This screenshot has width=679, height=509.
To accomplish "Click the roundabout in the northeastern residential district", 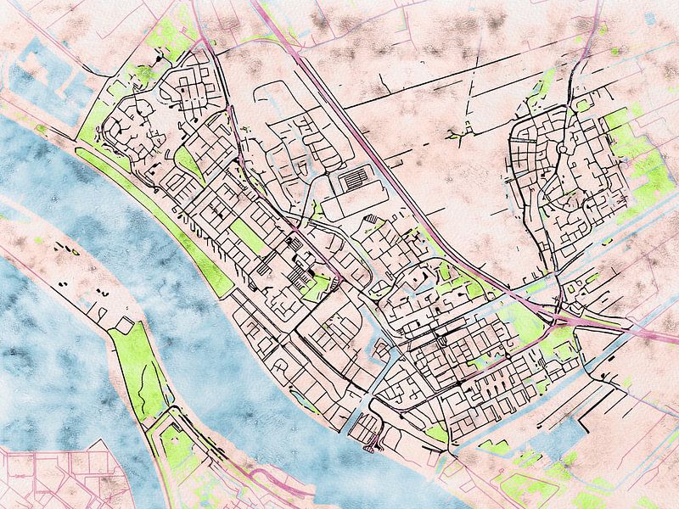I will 561,149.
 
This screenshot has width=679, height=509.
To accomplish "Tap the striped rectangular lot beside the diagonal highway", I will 355,180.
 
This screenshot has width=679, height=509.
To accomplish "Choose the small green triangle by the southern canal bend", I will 437,433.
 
